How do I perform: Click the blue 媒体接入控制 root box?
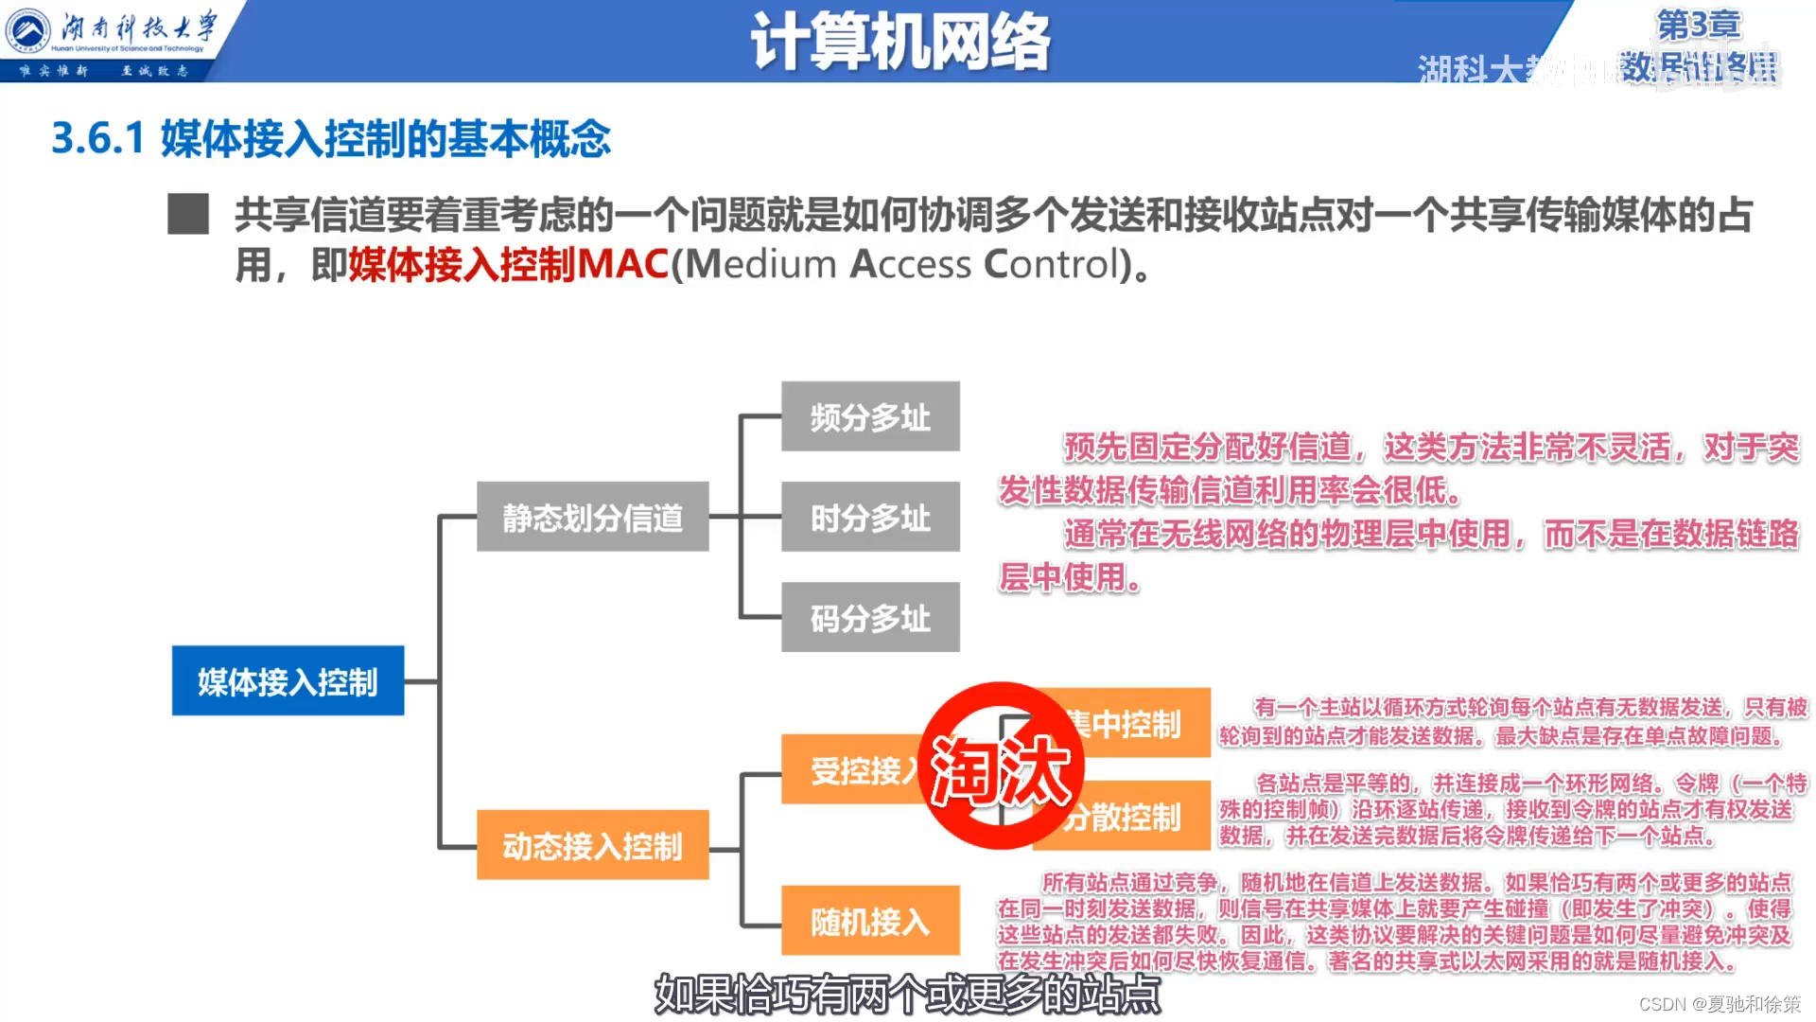pyautogui.click(x=288, y=680)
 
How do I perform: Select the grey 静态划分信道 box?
pyautogui.click(x=592, y=517)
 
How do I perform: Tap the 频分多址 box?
pyautogui.click(x=870, y=416)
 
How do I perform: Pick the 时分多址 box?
pyautogui.click(x=870, y=517)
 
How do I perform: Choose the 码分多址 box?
pyautogui.click(x=870, y=617)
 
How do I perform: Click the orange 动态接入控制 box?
pyautogui.click(x=592, y=845)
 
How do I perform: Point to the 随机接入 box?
pyautogui.click(x=870, y=921)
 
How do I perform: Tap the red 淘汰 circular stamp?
pyautogui.click(x=1001, y=766)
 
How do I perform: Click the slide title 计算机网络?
pyautogui.click(x=900, y=42)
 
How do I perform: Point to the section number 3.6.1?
pyautogui.click(x=97, y=139)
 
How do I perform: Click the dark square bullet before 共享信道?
pyautogui.click(x=188, y=214)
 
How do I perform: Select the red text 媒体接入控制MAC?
pyautogui.click(x=509, y=264)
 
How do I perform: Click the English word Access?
pyautogui.click(x=910, y=264)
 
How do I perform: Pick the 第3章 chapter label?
pyautogui.click(x=1699, y=25)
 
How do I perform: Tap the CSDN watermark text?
pyautogui.click(x=1719, y=1004)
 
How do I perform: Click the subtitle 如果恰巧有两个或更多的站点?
pyautogui.click(x=907, y=994)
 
